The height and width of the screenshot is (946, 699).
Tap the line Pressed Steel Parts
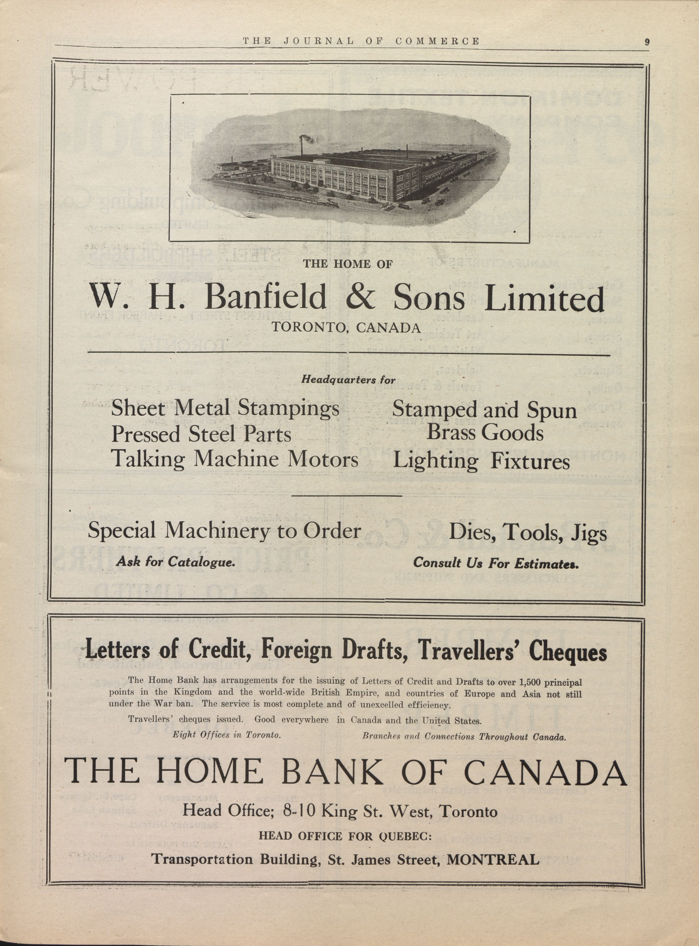point(201,435)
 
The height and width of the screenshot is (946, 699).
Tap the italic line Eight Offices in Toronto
point(226,735)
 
